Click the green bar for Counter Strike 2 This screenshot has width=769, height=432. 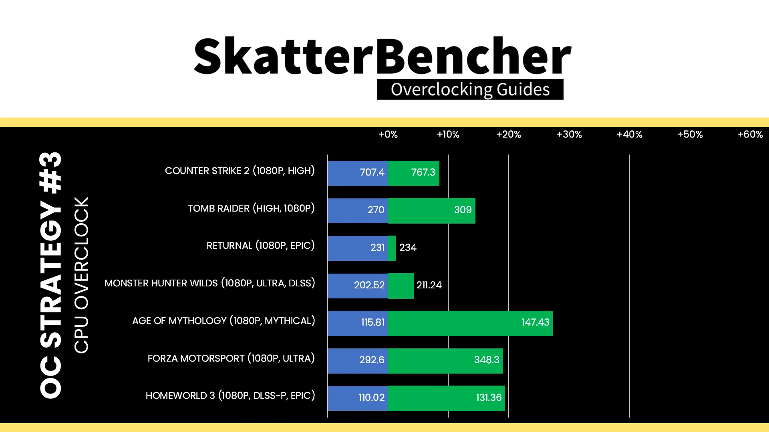click(413, 173)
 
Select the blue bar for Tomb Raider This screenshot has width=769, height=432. click(358, 211)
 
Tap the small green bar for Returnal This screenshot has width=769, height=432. click(392, 248)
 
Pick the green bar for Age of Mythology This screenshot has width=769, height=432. click(470, 323)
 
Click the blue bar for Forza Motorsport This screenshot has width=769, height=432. click(358, 361)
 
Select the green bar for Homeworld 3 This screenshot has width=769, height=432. click(446, 398)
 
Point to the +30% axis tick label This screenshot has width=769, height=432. click(569, 134)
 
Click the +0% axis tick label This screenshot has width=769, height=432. click(388, 134)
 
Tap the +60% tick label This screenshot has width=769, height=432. click(750, 134)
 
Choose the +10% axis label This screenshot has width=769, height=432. click(448, 134)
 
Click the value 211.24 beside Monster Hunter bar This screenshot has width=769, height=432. click(429, 285)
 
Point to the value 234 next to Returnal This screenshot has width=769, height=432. click(408, 248)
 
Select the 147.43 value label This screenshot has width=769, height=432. click(535, 322)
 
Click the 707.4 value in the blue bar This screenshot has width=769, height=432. click(372, 172)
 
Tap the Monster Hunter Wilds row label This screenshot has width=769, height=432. click(210, 283)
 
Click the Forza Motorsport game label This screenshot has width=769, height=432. click(231, 358)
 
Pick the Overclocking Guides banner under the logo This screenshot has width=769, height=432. click(470, 90)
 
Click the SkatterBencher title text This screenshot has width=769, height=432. click(382, 56)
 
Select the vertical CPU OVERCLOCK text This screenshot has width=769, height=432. click(81, 275)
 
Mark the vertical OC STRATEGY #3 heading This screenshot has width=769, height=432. click(51, 275)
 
